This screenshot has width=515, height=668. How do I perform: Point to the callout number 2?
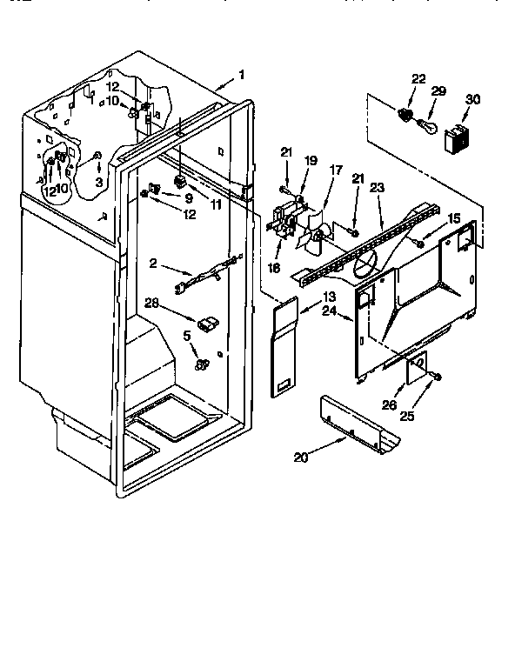[154, 263]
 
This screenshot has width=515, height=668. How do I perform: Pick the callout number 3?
[98, 182]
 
